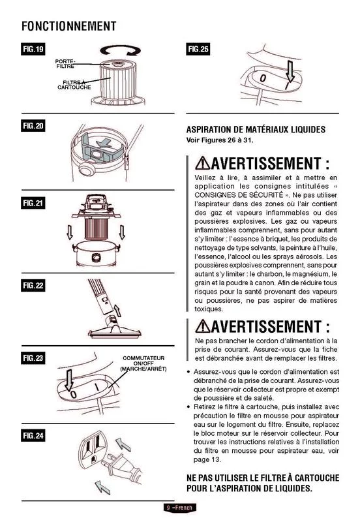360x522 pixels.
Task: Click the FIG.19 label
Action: point(33,50)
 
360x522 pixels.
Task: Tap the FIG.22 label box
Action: point(33,286)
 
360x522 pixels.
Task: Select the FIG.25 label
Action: point(198,50)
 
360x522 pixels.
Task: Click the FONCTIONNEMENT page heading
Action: point(69,26)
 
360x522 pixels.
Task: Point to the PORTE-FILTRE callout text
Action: point(65,63)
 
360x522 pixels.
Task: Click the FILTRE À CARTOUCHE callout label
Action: point(74,85)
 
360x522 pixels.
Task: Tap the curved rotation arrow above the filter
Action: point(120,51)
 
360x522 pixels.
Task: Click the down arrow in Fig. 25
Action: point(290,71)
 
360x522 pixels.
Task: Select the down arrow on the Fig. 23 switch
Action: point(69,380)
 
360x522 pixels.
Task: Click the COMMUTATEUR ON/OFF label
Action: point(143,363)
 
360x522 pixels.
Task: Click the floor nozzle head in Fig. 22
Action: point(114,332)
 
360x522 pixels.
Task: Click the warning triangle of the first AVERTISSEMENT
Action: point(202,163)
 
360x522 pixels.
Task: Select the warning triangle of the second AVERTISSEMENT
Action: point(202,326)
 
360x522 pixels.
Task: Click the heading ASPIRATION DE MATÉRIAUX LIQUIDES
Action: point(256,129)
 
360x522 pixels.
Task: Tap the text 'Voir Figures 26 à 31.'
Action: point(220,140)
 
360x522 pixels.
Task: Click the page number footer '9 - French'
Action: point(179,508)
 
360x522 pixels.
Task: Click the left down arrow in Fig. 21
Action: point(70,232)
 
